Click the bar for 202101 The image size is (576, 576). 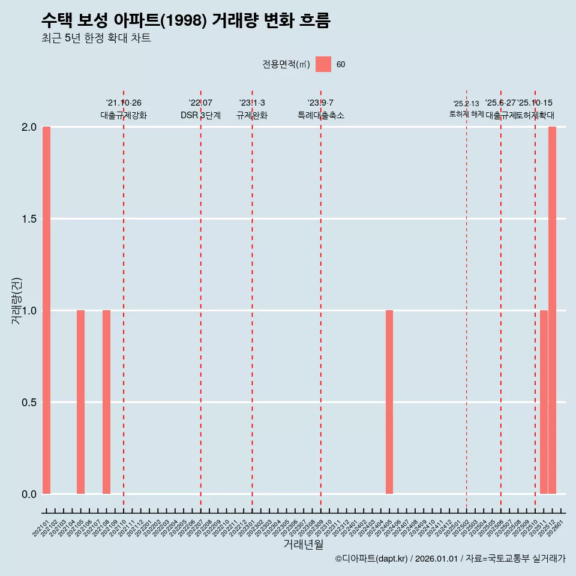tap(46, 310)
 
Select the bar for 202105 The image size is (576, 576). tap(80, 402)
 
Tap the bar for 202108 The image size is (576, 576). tap(106, 402)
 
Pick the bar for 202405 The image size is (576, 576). tap(389, 402)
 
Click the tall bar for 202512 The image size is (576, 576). tap(552, 310)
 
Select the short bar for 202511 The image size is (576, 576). tap(544, 402)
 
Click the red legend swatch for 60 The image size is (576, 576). tap(323, 64)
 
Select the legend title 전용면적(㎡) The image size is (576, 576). tap(286, 65)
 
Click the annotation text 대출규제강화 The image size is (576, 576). tap(124, 116)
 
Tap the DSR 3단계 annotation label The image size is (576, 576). tap(200, 116)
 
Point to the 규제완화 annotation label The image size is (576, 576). tap(252, 116)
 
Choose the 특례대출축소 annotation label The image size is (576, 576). tap(321, 116)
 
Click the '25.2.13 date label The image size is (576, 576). tap(466, 104)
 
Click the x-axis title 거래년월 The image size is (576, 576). tap(304, 545)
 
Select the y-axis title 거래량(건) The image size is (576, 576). tap(16, 301)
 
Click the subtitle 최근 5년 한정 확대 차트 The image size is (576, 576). tap(96, 38)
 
